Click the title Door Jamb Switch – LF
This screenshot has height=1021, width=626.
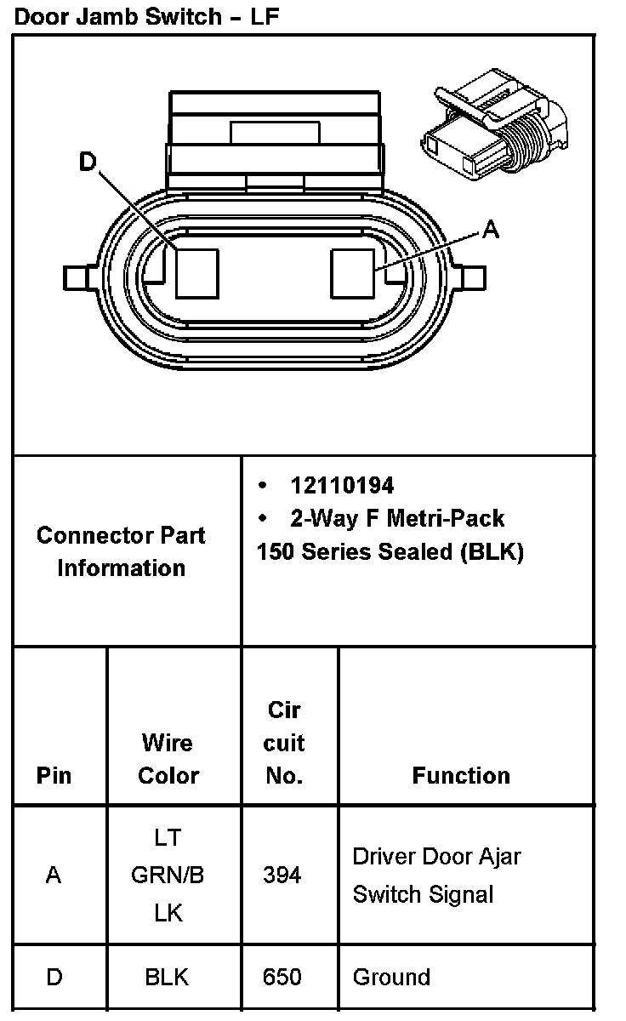(147, 16)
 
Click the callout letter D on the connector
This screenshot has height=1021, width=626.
(88, 161)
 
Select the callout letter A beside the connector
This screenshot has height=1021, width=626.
(491, 229)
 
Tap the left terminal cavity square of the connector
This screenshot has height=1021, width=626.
(196, 273)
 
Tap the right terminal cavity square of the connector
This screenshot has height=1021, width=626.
(352, 273)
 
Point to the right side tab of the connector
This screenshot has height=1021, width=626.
(472, 277)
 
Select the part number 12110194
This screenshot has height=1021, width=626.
(342, 485)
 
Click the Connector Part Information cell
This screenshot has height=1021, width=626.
(121, 551)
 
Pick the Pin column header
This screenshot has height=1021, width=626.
(54, 775)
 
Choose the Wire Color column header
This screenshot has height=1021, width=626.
(168, 758)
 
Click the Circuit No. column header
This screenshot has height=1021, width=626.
(283, 742)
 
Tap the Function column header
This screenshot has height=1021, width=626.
(461, 775)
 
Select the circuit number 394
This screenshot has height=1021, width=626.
(282, 875)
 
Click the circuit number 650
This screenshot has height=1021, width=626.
(282, 977)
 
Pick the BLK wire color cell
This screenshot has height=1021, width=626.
(167, 977)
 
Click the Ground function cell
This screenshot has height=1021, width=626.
(391, 977)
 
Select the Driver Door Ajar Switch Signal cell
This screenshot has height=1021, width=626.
(436, 875)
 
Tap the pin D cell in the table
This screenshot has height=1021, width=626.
(54, 977)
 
